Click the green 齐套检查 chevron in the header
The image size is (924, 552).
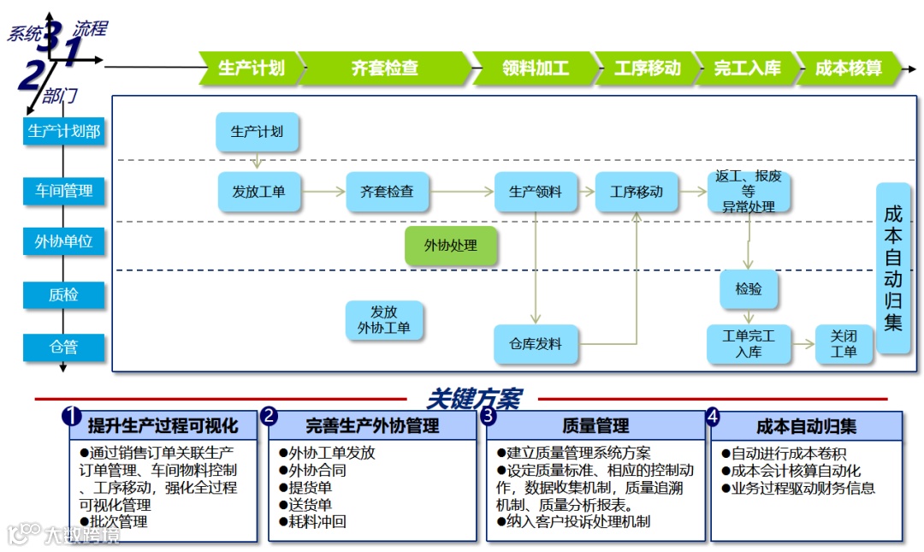[384, 68]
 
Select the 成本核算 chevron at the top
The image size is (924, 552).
[848, 68]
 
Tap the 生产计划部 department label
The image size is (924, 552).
[64, 131]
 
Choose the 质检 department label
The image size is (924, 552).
[64, 295]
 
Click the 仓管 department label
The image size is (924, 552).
[64, 347]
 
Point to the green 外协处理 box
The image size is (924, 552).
[451, 246]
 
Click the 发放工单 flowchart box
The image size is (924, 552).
[259, 192]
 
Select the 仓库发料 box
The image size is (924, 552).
[536, 344]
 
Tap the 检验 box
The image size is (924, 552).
[749, 289]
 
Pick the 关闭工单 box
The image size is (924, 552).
[844, 344]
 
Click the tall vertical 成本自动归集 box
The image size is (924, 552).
[893, 267]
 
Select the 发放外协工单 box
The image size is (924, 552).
[384, 320]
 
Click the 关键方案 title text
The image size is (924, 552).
[473, 399]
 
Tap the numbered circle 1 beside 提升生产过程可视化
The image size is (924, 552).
[72, 417]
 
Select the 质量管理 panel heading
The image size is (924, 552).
[596, 425]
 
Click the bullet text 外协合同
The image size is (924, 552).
[317, 470]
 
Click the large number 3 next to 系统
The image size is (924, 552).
[50, 36]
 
